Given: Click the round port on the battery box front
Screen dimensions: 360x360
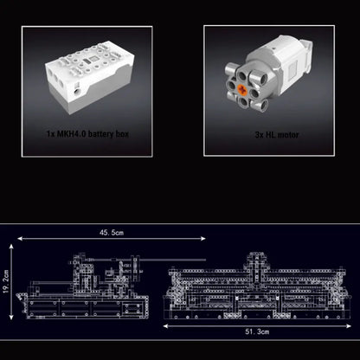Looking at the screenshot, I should (x=80, y=90).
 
